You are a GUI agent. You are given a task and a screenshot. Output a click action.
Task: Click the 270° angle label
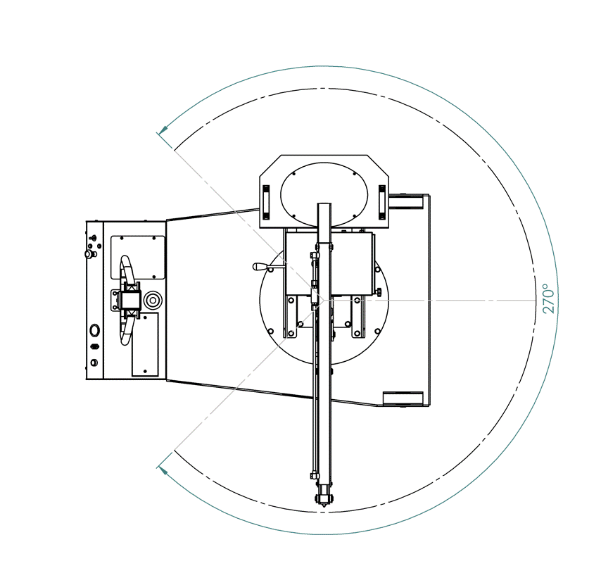[548, 298]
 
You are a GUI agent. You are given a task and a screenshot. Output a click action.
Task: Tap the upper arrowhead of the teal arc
[163, 130]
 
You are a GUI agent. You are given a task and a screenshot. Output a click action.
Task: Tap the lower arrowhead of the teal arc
[163, 470]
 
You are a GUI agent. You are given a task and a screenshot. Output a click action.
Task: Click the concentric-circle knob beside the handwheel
[153, 300]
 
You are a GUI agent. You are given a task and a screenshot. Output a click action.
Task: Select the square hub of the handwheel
[130, 300]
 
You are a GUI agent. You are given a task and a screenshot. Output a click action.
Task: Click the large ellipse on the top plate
[324, 195]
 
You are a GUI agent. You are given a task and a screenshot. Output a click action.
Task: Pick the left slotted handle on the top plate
[266, 202]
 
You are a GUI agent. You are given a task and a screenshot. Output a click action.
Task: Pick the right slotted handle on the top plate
[381, 202]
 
